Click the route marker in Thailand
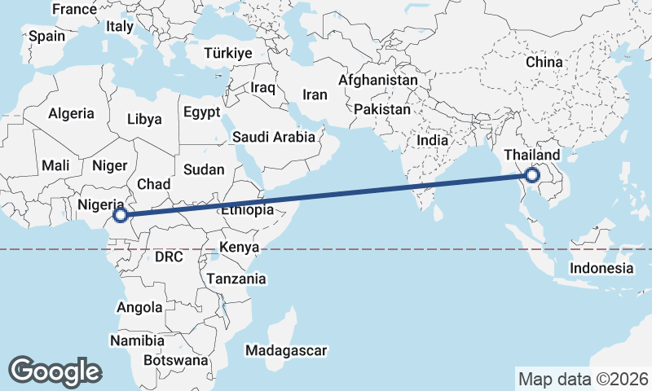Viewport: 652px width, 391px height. [x=532, y=175]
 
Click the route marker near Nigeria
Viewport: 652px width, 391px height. [x=120, y=215]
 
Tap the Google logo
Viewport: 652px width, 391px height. [x=55, y=371]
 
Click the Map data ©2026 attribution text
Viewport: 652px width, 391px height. [x=583, y=379]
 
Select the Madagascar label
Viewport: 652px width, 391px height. [x=286, y=351]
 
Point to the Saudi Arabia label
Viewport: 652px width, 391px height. [x=274, y=138]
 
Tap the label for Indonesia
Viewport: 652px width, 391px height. [x=601, y=268]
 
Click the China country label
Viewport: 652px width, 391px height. [x=544, y=62]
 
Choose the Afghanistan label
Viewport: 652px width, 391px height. [x=377, y=81]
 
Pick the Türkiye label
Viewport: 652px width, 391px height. [x=229, y=53]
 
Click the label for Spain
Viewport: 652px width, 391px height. [x=46, y=37]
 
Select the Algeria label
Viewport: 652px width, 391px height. [x=72, y=114]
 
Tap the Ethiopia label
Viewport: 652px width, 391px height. [x=246, y=210]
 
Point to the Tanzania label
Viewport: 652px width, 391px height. [x=236, y=279]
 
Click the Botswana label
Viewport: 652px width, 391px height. [x=175, y=359]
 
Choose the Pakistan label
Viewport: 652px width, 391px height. [x=383, y=109]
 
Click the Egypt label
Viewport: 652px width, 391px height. [x=201, y=112]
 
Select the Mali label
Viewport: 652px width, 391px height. [x=55, y=165]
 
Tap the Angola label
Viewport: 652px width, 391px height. [x=140, y=308]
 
